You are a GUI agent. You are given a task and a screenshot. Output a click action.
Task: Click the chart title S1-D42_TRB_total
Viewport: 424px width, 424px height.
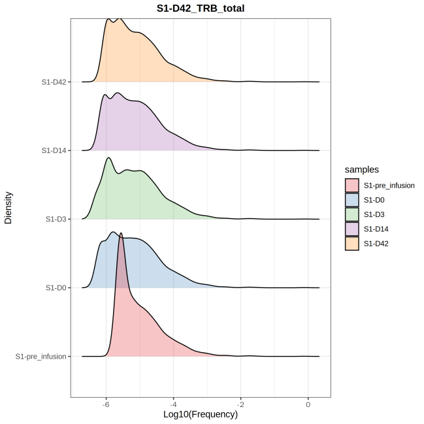click(200, 8)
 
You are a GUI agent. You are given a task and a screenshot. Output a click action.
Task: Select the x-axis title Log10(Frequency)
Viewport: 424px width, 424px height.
click(200, 414)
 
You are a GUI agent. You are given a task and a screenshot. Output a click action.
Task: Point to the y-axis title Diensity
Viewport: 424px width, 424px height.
click(8, 207)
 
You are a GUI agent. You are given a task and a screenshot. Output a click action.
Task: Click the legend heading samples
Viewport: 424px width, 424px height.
click(363, 169)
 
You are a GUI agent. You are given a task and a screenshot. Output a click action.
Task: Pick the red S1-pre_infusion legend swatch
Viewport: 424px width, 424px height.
click(352, 186)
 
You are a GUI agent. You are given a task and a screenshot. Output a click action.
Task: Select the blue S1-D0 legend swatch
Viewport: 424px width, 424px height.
click(352, 200)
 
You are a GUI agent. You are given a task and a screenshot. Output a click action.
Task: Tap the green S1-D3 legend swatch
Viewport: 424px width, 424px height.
click(352, 214)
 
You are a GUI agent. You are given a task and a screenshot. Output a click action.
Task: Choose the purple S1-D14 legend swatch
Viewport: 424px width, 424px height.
click(352, 229)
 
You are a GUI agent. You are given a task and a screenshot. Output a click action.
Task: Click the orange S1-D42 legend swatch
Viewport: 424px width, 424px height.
click(352, 243)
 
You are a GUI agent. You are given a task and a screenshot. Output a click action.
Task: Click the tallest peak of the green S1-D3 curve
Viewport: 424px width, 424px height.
click(108, 158)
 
